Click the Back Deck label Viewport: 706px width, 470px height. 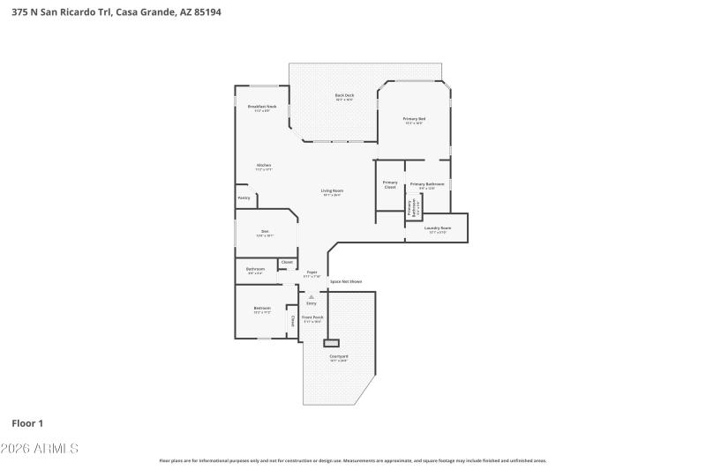coord(344,95)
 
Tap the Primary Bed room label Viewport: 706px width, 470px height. coord(414,119)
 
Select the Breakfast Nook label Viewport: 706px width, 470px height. coord(262,107)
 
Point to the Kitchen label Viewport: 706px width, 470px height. coord(264,165)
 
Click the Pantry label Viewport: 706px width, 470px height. coord(244,198)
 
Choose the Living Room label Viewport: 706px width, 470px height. coord(332,190)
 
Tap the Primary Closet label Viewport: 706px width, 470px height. coord(390,184)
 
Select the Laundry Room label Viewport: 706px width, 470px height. coord(438,228)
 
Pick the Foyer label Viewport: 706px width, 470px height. coord(312,272)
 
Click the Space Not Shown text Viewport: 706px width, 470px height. coord(346,281)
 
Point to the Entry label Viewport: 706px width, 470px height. coord(311,303)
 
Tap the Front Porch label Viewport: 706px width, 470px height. coord(312,317)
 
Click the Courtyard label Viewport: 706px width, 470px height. coord(339,356)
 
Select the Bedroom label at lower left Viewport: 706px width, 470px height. coord(262,308)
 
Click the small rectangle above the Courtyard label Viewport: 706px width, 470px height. coord(332,342)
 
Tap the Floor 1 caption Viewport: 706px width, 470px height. coord(27,423)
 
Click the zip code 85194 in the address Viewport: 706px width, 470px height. coord(232,12)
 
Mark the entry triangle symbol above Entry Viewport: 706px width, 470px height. coord(311,296)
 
